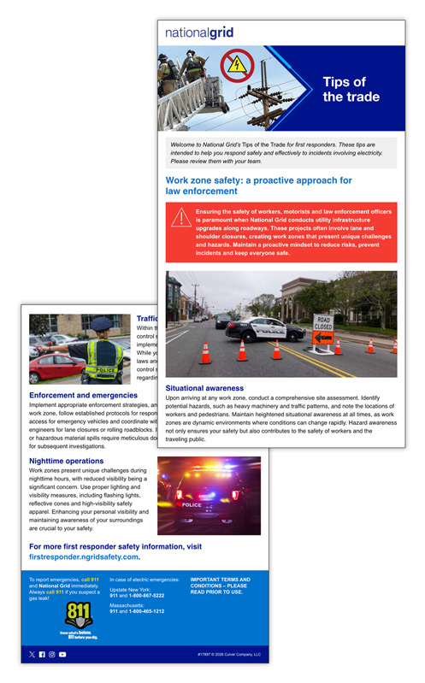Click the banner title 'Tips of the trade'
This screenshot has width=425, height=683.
point(351,90)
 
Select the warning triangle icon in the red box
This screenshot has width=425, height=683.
point(180,217)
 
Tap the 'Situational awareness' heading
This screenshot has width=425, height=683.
point(204,387)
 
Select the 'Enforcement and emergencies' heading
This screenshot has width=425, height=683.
point(83,396)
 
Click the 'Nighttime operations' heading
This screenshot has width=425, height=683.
point(67,461)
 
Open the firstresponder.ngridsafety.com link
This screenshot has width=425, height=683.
point(83,556)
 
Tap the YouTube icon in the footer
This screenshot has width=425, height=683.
point(62,654)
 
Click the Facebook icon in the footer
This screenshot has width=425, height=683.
point(42,654)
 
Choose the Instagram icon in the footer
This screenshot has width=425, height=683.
point(52,654)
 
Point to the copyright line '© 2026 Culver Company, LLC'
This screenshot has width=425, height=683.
point(228,655)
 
